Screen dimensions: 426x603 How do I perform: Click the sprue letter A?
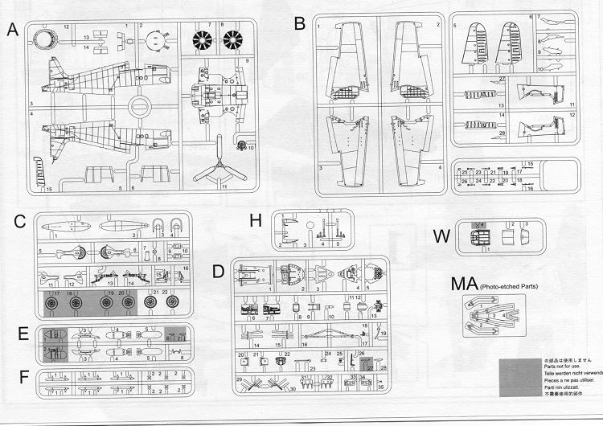(12, 31)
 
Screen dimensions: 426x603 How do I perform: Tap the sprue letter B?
(300, 24)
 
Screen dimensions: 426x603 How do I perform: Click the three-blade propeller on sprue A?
(213, 171)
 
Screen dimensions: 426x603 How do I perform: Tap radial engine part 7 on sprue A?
(203, 39)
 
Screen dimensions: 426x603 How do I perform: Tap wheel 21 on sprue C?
(152, 304)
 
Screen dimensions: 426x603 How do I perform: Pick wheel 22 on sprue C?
(171, 304)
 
